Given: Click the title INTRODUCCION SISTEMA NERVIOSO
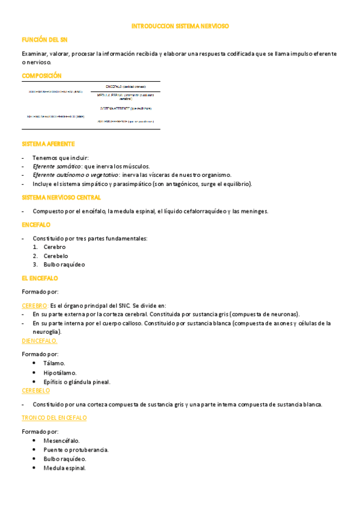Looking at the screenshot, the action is (180, 26).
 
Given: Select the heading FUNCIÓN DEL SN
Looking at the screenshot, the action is (44, 39).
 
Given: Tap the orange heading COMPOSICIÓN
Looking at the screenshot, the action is (41, 76).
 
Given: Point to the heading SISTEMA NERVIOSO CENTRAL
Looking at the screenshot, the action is (61, 197).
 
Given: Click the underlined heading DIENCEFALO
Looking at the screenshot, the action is (40, 340).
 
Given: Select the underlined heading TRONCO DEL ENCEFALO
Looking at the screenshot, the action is (54, 417).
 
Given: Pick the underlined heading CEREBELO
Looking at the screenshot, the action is (36, 390).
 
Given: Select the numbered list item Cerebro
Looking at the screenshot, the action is (55, 247).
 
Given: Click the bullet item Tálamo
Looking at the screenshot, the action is (55, 363).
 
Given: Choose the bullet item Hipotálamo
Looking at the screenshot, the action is (60, 373).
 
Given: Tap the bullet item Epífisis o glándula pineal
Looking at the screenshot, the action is (77, 382).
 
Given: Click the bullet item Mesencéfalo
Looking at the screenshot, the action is (61, 441).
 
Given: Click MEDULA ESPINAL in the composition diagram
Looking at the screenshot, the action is (109, 94).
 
